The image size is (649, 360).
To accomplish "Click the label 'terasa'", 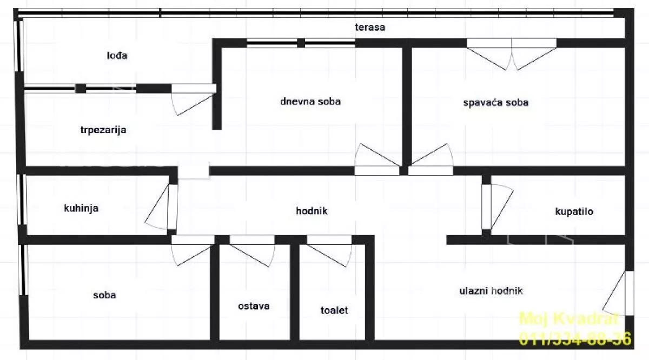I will point(370,27).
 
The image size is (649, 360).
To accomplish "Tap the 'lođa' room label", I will point(117,55).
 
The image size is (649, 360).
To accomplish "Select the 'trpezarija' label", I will point(103,130).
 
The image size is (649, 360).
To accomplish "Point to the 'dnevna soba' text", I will point(310,101).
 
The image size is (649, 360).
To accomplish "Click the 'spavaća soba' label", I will point(495,102).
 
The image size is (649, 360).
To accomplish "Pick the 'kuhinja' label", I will point(81,208).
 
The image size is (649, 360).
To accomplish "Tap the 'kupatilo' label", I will point(574,211).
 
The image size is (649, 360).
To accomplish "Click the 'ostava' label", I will point(254,306).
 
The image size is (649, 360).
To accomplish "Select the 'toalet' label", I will point(334,310).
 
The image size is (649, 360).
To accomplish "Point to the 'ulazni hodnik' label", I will point(491,291).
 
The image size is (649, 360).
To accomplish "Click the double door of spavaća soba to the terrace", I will point(512,54).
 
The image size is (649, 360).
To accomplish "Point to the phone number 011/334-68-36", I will point(575,339).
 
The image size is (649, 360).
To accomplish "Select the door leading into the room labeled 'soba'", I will point(193,251).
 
